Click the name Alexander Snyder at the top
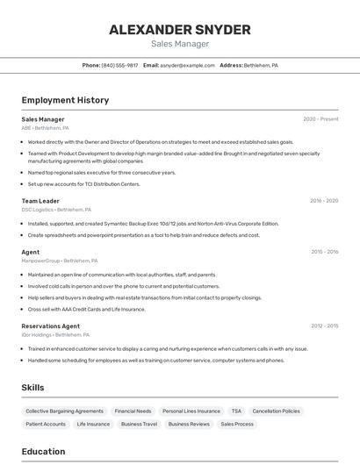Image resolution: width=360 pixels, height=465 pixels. (180, 30)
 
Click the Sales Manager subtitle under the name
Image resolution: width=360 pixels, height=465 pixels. (180, 44)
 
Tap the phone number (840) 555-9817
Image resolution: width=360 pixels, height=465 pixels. (119, 66)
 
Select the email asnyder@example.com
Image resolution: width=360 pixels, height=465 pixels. (187, 66)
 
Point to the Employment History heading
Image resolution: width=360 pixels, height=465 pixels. (65, 100)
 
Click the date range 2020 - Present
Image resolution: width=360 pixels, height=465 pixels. (320, 119)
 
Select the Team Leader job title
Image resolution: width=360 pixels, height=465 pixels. (40, 201)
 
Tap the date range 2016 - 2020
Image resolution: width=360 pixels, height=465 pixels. (324, 201)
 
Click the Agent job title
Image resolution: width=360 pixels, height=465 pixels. (31, 252)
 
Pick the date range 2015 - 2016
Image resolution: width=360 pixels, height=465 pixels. (324, 252)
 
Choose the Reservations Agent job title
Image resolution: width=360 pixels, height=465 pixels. (51, 326)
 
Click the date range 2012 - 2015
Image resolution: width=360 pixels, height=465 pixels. (324, 326)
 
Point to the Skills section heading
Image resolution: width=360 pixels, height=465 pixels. (32, 388)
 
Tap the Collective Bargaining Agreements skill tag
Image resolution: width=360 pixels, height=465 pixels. (64, 411)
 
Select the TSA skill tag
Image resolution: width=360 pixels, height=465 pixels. (236, 411)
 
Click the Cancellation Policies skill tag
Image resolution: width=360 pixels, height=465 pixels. (276, 411)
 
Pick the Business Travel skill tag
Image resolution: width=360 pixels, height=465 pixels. (139, 424)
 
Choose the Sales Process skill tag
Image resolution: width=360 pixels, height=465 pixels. (237, 424)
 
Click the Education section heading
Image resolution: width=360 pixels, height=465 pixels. (43, 452)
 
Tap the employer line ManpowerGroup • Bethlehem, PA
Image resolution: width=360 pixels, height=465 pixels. (60, 261)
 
